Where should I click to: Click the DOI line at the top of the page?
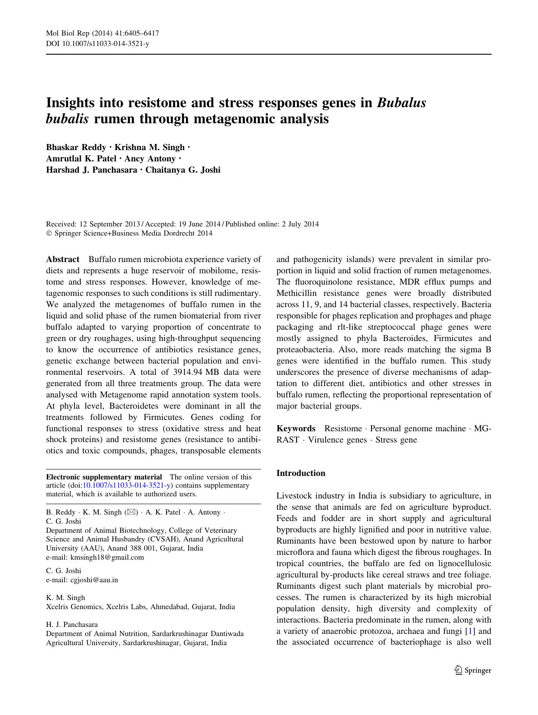tap(98, 44)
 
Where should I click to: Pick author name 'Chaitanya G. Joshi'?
tap(183, 170)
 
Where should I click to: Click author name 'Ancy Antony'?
tap(150, 159)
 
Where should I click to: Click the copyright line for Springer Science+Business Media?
tap(129, 233)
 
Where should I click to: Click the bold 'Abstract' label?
tap(63, 259)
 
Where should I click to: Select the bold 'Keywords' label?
tap(296, 429)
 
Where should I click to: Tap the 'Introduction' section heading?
tap(301, 473)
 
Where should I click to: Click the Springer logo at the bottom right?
tap(473, 670)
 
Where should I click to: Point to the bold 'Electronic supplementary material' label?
tap(104, 477)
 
